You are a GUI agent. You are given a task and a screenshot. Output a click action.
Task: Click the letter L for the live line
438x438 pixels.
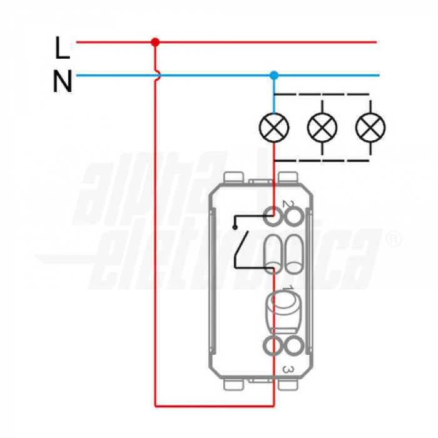61,46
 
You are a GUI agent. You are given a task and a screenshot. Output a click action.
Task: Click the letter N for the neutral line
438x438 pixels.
62,81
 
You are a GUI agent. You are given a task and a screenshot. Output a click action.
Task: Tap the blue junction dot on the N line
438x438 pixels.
273,76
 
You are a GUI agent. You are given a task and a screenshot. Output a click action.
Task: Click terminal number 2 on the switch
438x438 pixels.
287,204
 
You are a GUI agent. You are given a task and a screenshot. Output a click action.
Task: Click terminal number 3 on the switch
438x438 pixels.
287,370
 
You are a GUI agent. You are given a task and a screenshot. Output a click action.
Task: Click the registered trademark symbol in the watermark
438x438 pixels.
392,238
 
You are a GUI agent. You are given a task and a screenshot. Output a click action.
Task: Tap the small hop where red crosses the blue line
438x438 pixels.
156,76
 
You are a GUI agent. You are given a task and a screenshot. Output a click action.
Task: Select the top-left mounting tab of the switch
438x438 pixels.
233,176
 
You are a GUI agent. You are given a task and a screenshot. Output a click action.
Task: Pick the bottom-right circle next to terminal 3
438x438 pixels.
294,345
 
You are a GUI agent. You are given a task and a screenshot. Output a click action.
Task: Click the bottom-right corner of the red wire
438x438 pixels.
273,405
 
